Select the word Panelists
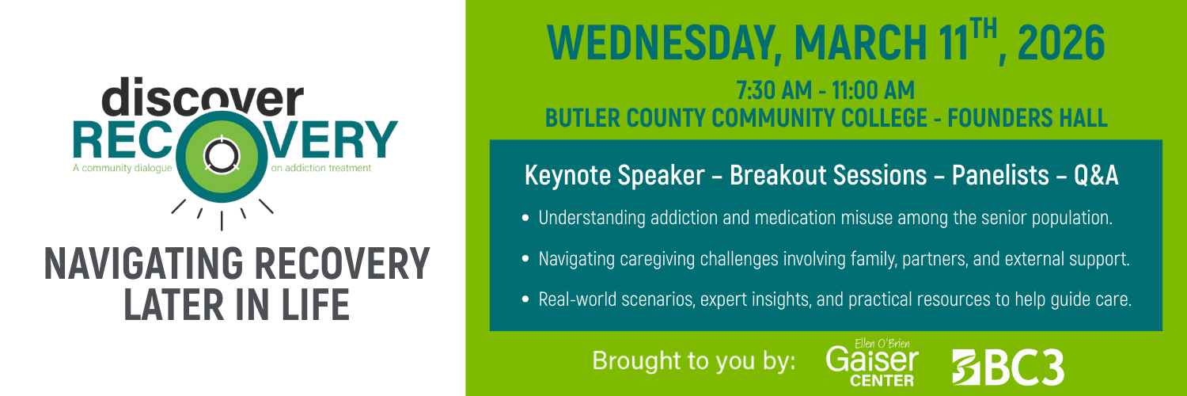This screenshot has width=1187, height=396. [x=987, y=176]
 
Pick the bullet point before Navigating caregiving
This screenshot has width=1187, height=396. [x=526, y=259]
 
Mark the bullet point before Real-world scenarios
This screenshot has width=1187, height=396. [x=526, y=300]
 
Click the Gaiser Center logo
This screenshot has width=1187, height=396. [x=872, y=364]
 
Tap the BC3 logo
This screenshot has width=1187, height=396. [x=1007, y=367]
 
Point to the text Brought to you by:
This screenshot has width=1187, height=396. [x=694, y=361]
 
